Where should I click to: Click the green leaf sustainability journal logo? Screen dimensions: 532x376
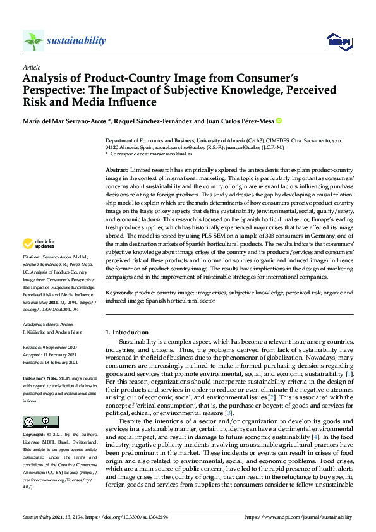coord(33,41)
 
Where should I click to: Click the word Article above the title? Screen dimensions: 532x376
coord(31,68)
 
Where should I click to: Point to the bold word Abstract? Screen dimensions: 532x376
coord(117,171)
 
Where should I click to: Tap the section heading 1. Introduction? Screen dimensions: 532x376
coord(127,332)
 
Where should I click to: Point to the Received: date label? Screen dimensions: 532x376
coord(32,348)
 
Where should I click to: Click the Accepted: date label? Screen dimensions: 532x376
coord(32,354)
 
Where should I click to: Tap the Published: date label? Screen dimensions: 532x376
coord(33,361)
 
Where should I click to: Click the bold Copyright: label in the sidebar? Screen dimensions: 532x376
coord(33,435)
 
